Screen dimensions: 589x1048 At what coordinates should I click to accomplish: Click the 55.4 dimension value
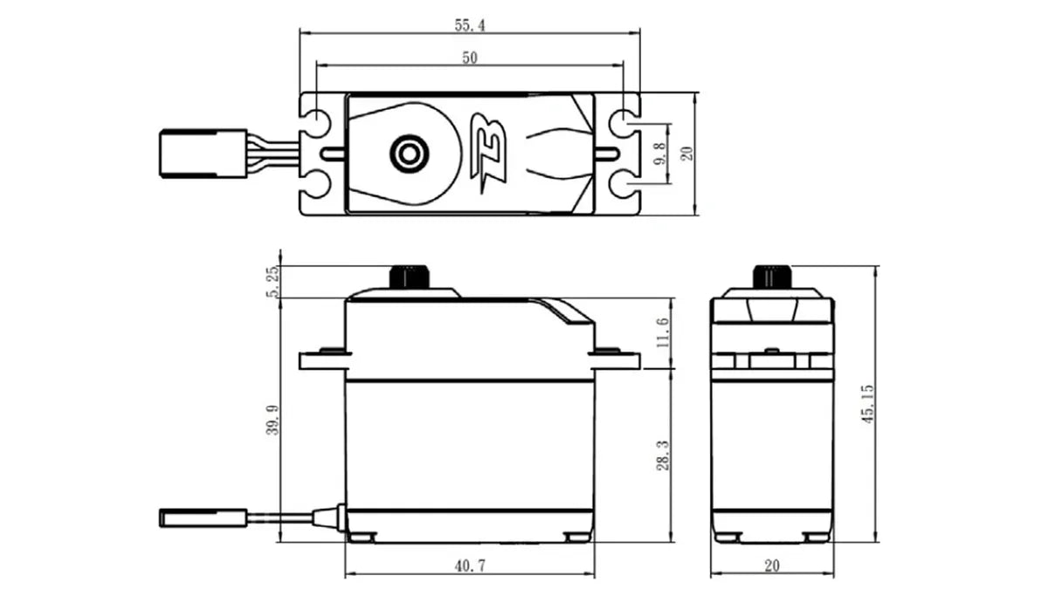point(469,25)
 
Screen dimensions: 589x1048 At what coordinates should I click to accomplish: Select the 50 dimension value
point(469,58)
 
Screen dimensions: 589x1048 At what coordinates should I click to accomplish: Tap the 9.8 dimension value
point(660,154)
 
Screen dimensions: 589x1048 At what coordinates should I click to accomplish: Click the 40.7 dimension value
point(469,566)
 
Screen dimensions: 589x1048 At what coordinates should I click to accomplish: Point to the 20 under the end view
point(771,566)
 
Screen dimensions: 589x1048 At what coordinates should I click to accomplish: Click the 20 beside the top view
point(687,154)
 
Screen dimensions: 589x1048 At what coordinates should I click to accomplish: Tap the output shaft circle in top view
point(406,154)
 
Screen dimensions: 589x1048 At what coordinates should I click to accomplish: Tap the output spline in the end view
point(772,277)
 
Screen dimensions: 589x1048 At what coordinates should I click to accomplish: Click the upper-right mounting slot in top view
point(624,124)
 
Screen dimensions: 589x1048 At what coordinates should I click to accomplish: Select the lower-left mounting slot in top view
point(316,184)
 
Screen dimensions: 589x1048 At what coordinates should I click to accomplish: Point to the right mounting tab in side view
point(617,359)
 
